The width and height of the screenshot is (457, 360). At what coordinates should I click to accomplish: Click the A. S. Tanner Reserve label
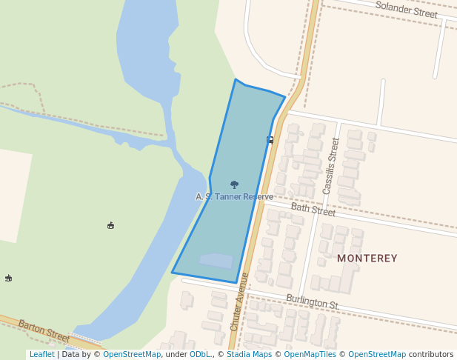tap(234, 196)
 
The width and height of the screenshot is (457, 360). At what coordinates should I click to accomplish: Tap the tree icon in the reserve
tap(235, 184)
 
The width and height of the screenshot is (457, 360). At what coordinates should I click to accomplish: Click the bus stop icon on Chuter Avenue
tap(270, 139)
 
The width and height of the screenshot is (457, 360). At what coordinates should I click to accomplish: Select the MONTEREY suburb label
tap(367, 259)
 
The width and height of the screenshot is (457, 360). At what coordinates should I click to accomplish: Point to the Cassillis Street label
tap(330, 166)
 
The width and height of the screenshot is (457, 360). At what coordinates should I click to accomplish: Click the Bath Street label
tap(313, 210)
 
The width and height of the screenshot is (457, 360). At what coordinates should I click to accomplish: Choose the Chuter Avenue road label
tap(239, 311)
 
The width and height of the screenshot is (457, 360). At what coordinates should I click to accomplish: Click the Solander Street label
tap(406, 10)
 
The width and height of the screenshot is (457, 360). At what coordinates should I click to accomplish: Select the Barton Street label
tap(44, 331)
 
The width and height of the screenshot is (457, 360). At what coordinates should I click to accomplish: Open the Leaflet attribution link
tap(41, 355)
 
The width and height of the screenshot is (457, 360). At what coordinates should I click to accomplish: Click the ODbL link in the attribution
tap(200, 355)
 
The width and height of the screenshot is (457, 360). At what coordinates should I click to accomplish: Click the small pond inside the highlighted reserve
tap(216, 261)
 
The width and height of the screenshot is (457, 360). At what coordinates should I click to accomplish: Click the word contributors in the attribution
tap(431, 355)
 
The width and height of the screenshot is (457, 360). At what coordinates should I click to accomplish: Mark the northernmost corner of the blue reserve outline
tap(236, 80)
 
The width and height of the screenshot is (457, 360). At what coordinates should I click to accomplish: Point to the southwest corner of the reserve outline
tap(173, 273)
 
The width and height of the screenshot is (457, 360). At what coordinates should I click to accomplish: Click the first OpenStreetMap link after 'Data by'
tap(132, 355)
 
